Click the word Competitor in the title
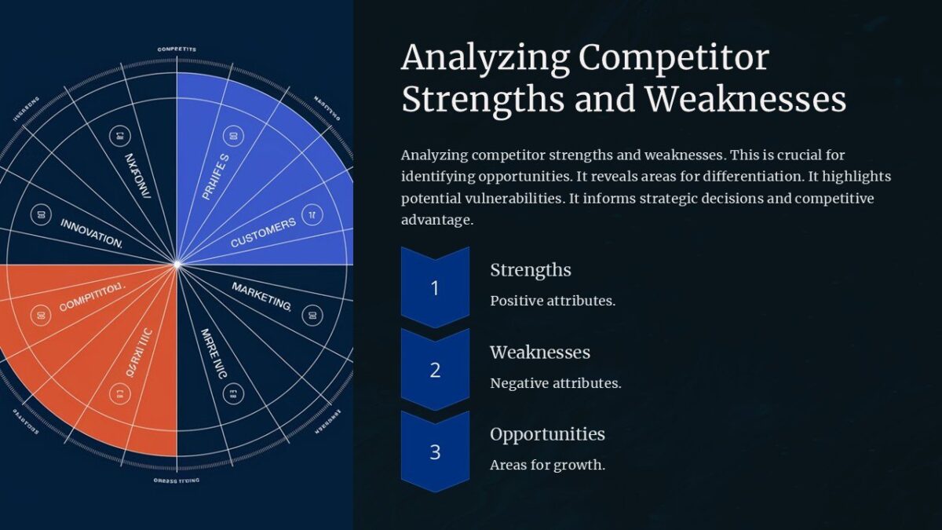click(x=673, y=59)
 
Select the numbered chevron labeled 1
click(x=435, y=287)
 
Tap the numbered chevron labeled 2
click(x=435, y=370)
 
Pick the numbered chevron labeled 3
click(x=435, y=452)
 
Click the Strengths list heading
click(x=530, y=270)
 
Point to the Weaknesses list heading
click(x=539, y=353)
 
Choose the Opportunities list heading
click(x=547, y=434)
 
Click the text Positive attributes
click(x=552, y=301)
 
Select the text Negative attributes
click(x=555, y=383)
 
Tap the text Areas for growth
click(x=547, y=465)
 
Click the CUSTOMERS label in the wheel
click(x=263, y=233)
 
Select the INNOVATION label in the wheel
click(x=91, y=233)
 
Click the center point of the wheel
click(x=177, y=265)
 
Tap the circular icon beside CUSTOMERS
click(x=312, y=213)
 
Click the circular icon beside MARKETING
click(x=312, y=315)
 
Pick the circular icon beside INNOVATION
click(x=40, y=214)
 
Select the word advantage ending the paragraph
click(x=436, y=220)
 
